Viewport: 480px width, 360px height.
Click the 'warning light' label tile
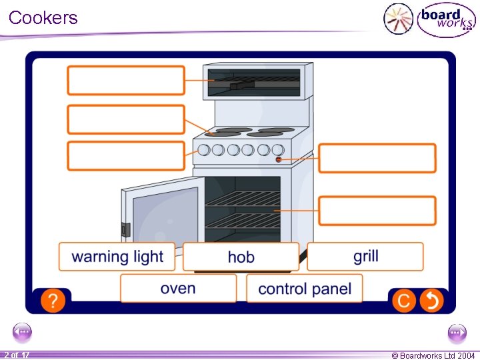coord(117,257)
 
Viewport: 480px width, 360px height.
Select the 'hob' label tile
coord(241,257)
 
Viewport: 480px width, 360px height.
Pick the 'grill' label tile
coord(365,256)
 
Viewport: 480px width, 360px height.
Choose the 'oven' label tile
coord(178,289)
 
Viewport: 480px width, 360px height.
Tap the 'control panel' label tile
coord(305,289)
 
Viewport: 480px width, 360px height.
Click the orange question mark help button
coord(53,301)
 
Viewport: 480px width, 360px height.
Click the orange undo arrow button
coord(431,301)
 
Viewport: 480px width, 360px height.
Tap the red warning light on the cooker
coord(278,160)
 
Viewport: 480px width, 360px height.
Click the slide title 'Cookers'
coord(43,17)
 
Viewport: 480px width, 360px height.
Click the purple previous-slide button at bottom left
coord(22,331)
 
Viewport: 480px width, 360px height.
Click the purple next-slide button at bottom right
coord(457,331)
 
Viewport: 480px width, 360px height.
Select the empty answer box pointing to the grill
coord(126,80)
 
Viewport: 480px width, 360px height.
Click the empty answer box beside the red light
coord(377,159)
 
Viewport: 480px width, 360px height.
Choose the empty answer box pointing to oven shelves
coord(377,211)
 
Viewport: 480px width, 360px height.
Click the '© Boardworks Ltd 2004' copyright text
coord(433,355)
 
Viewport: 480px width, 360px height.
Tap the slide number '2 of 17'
coord(16,355)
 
